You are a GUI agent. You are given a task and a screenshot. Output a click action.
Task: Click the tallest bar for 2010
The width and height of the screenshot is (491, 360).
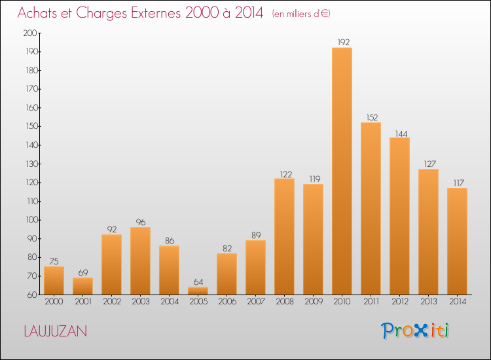pyautogui.click(x=342, y=171)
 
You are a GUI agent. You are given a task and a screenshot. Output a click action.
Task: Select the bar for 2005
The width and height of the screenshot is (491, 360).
pyautogui.click(x=198, y=291)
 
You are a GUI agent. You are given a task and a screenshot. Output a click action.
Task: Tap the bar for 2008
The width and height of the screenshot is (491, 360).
pyautogui.click(x=284, y=236)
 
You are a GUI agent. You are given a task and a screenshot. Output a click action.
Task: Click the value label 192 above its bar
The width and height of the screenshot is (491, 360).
pyautogui.click(x=342, y=42)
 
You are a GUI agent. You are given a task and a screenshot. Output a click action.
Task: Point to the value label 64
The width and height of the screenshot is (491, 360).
pyautogui.click(x=198, y=281)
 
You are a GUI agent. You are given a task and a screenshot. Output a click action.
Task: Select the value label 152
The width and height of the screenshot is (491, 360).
pyautogui.click(x=371, y=118)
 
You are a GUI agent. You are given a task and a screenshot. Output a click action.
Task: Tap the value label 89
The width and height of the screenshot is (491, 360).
pyautogui.click(x=255, y=235)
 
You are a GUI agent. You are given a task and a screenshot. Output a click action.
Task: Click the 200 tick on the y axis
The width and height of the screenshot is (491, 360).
pyautogui.click(x=29, y=33)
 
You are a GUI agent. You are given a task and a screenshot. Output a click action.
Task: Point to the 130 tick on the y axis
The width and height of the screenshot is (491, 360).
pyautogui.click(x=29, y=164)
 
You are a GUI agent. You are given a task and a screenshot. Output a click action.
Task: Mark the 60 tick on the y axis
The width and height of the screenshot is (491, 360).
pyautogui.click(x=31, y=295)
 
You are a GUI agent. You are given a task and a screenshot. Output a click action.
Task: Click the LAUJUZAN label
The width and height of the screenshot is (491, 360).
pyautogui.click(x=55, y=331)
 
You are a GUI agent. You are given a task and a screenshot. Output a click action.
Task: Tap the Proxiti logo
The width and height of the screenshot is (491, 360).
pyautogui.click(x=415, y=331)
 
